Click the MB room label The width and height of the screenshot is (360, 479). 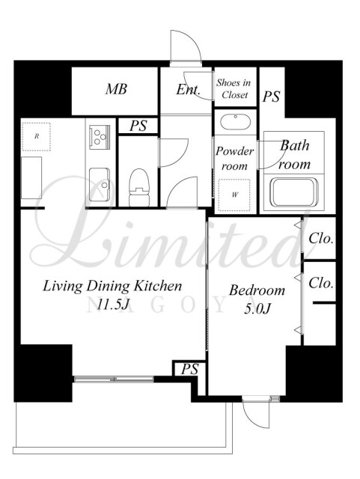pos(116,89)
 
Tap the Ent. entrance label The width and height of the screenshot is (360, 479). pos(189,90)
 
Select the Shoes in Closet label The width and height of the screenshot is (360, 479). pos(234,88)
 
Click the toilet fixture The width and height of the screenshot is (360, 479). pos(139,188)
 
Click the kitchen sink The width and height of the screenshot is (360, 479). pos(100,185)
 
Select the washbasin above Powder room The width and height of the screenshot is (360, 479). pos(235,121)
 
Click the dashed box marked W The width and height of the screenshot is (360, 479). pos(234,195)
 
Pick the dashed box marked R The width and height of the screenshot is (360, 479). pos(37,136)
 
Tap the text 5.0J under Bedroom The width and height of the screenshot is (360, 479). pos(257,309)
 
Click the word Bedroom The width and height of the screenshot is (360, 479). pos(257,290)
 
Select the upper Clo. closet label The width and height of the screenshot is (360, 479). pos(320,238)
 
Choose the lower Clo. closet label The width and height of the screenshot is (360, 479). pos(320,283)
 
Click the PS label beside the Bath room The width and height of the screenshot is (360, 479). pos(272,97)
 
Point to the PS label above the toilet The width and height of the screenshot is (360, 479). pos(138,126)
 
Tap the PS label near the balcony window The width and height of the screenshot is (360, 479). pos(189,369)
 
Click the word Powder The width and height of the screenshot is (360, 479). pos(235,151)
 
